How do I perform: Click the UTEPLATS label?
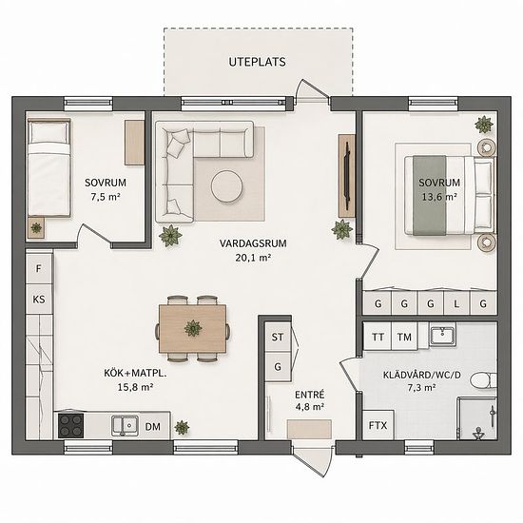pyautogui.click(x=257, y=62)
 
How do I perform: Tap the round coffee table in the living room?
pyautogui.click(x=227, y=186)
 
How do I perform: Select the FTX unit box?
pyautogui.click(x=378, y=425)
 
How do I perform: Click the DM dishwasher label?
pyautogui.click(x=153, y=427)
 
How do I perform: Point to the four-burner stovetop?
pyautogui.click(x=70, y=425)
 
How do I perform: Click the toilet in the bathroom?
pyautogui.click(x=483, y=381)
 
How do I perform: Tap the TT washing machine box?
pyautogui.click(x=378, y=337)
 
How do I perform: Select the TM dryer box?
pyautogui.click(x=404, y=337)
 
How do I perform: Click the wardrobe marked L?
pyautogui.click(x=456, y=302)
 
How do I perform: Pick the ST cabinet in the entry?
pyautogui.click(x=278, y=337)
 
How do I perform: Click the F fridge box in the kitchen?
pyautogui.click(x=39, y=268)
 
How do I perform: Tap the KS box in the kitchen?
pyautogui.click(x=39, y=299)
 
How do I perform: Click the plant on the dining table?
pyautogui.click(x=193, y=328)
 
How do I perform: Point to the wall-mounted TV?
pyautogui.click(x=347, y=176)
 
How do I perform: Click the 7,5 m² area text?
pyautogui.click(x=106, y=197)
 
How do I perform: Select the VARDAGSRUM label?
pyautogui.click(x=253, y=243)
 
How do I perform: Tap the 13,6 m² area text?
pyautogui.click(x=439, y=197)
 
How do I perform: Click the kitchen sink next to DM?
pyautogui.click(x=125, y=426)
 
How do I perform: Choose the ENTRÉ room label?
pyautogui.click(x=310, y=395)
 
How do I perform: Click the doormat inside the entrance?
pyautogui.click(x=309, y=429)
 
